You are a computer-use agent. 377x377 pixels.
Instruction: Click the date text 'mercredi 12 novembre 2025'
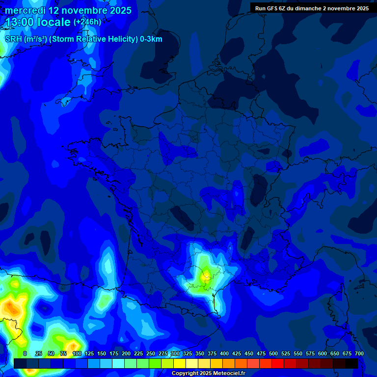[68, 10]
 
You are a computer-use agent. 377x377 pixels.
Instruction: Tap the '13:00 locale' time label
[38, 22]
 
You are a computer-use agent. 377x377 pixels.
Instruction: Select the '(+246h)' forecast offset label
[87, 22]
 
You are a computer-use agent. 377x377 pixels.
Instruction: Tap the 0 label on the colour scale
[25, 353]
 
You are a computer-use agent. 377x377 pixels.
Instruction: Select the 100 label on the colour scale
[77, 353]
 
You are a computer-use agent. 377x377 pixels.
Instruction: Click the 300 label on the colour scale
[175, 353]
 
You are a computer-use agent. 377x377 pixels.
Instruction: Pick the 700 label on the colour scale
[359, 353]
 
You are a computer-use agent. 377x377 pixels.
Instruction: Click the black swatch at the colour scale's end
[351, 363]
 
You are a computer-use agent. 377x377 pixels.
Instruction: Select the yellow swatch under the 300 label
[180, 363]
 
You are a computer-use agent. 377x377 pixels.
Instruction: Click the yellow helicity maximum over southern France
[205, 276]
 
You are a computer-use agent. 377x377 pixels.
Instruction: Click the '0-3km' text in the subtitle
[151, 39]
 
